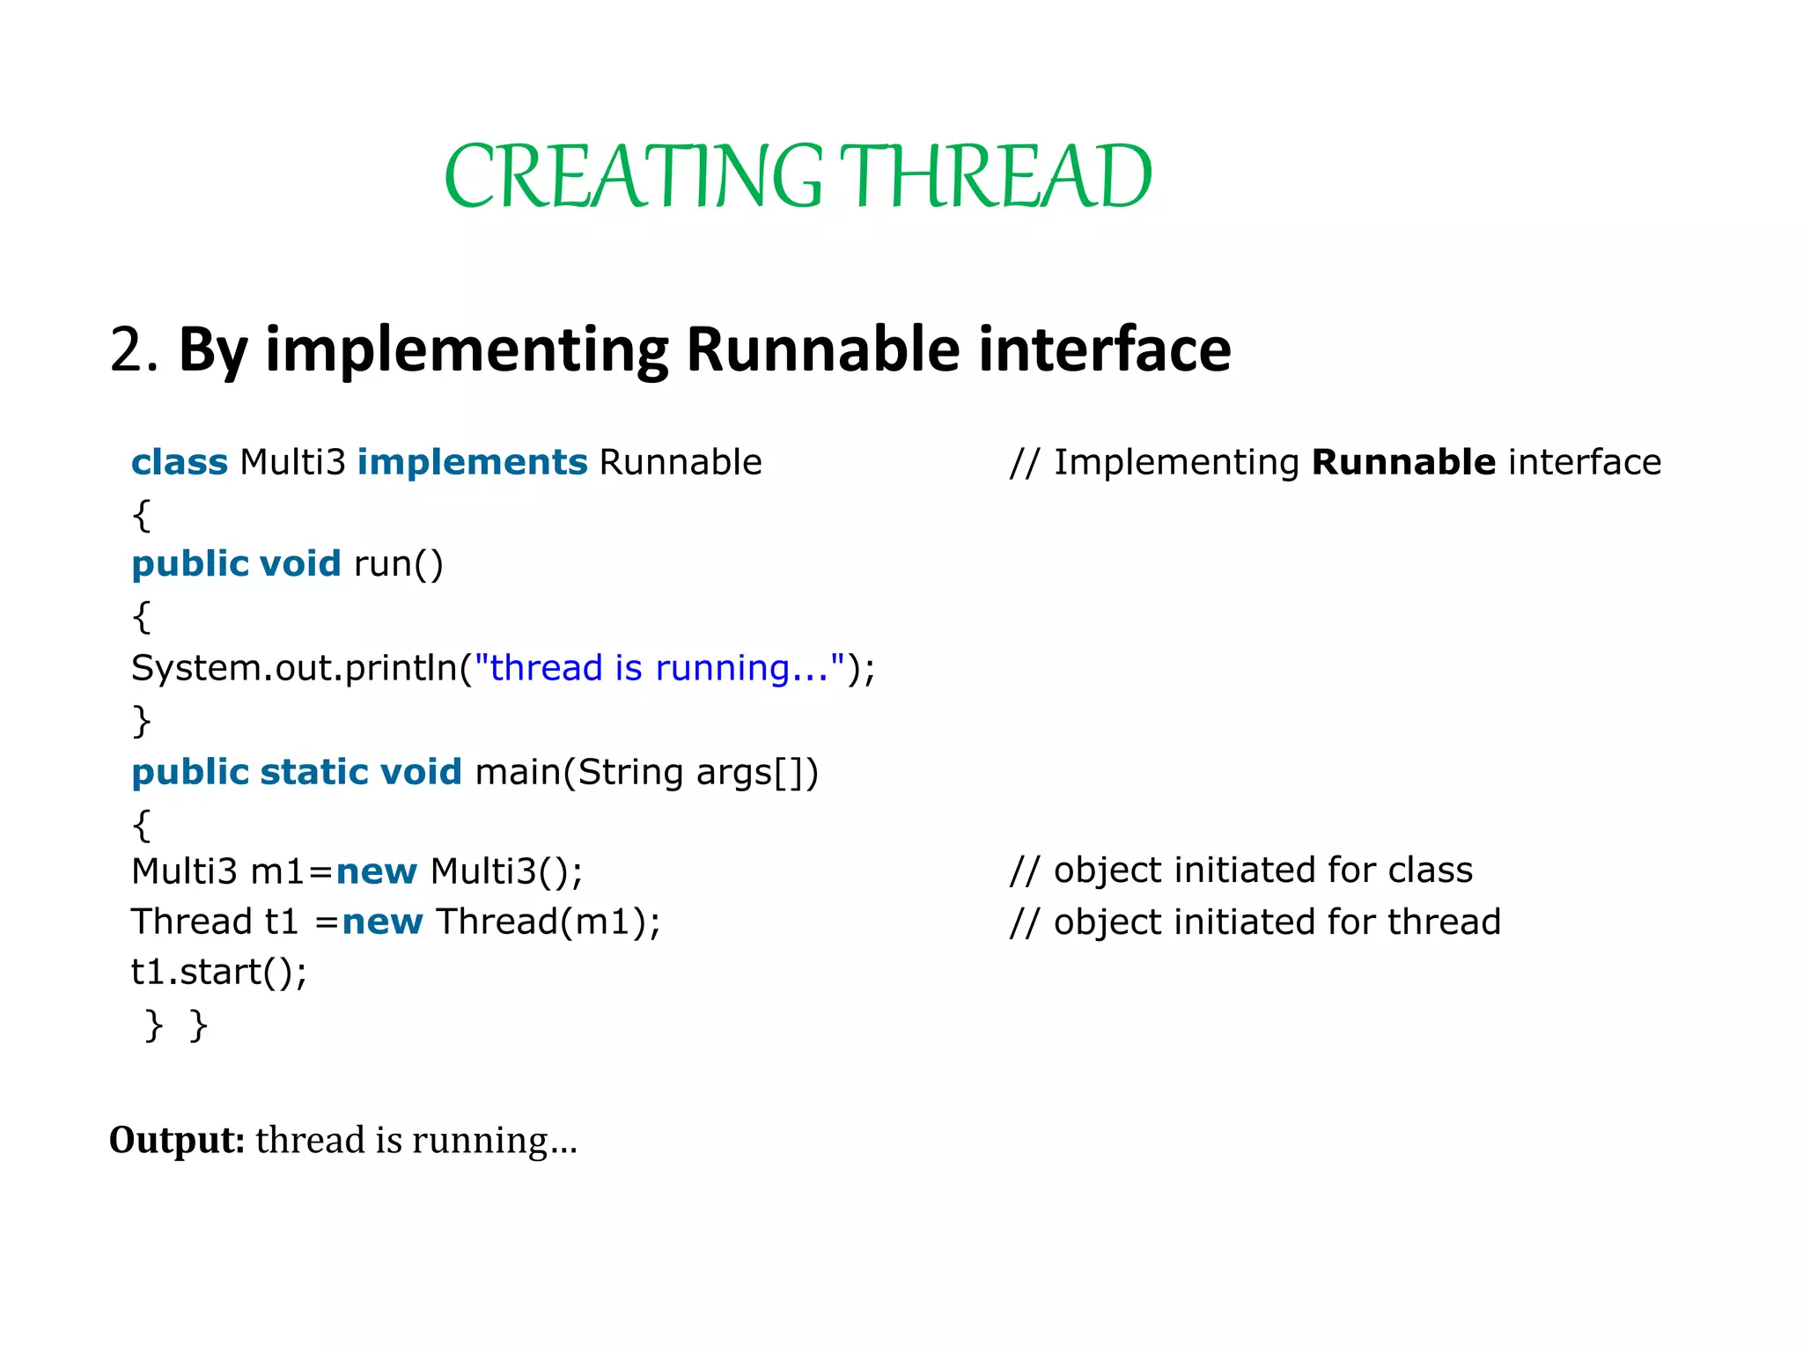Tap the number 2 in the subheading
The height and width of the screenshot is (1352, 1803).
click(128, 350)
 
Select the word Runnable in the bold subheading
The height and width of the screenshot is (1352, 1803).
click(823, 350)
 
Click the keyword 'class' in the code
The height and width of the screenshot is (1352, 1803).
click(180, 462)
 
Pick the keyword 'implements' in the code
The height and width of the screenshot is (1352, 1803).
click(472, 462)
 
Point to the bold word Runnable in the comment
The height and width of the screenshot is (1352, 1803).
click(1403, 462)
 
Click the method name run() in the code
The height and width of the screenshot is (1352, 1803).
click(398, 564)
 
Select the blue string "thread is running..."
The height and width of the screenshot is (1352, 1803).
click(659, 668)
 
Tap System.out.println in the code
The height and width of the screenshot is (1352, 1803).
click(294, 668)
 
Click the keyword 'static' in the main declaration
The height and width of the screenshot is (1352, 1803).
click(313, 772)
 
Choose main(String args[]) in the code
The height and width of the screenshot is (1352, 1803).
click(647, 772)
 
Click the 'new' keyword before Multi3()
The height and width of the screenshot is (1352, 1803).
click(377, 871)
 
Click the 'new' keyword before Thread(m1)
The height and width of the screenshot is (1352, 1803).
click(383, 922)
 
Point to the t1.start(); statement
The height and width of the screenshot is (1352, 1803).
click(219, 973)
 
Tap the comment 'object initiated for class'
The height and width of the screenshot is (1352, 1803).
click(1241, 871)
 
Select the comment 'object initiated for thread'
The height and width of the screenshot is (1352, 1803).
click(1255, 922)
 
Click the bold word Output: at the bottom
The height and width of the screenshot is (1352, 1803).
click(176, 1140)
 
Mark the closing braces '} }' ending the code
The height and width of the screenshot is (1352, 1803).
click(176, 1025)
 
